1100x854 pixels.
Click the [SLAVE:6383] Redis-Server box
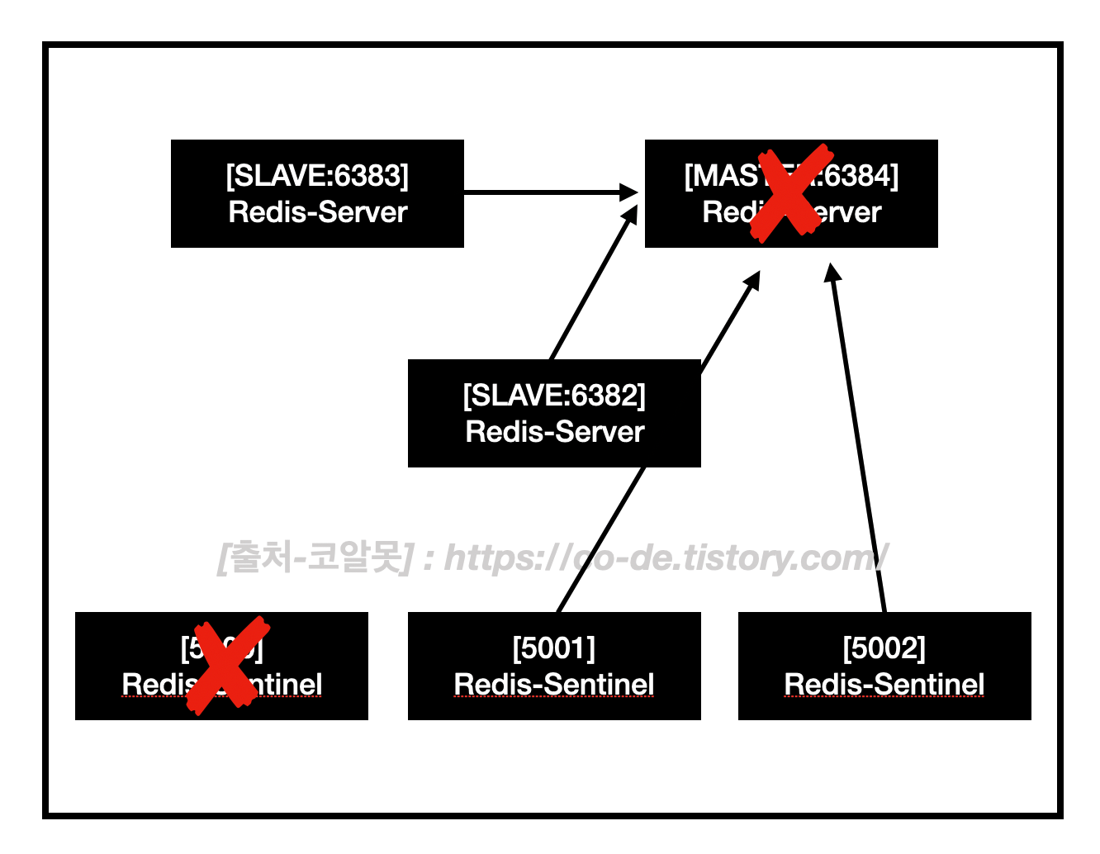tap(317, 193)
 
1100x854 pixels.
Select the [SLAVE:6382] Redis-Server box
tap(554, 413)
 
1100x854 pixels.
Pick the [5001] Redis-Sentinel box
tap(554, 666)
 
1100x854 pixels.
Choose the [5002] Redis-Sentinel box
tap(884, 666)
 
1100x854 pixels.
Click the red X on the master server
tap(791, 192)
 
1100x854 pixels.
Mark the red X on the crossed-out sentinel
tap(227, 664)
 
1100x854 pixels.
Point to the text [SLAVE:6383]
tap(317, 176)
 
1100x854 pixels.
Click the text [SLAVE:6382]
tap(554, 396)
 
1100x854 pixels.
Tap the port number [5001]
tap(554, 648)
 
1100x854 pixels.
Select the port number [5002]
tap(884, 648)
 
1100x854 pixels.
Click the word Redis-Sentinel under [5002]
tap(884, 685)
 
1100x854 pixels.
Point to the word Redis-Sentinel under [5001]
tap(554, 685)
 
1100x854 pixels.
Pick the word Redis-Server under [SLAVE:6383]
tap(318, 212)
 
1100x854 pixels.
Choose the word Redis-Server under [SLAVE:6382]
tap(555, 432)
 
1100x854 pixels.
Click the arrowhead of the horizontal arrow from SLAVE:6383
tap(629, 192)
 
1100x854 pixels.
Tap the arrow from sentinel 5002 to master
tap(859, 438)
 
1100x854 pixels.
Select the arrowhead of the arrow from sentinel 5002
tap(832, 273)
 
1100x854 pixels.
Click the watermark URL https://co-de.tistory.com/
tap(666, 558)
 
